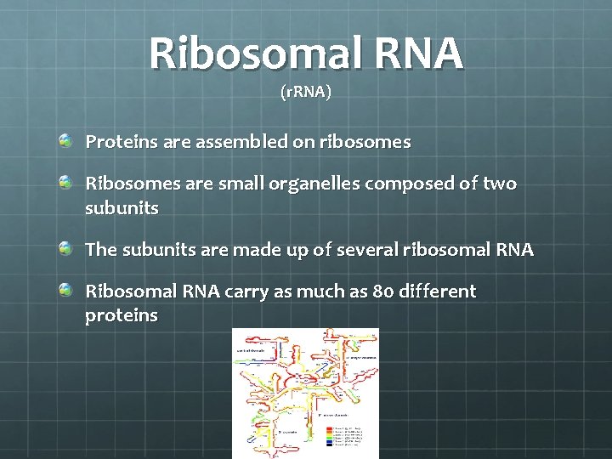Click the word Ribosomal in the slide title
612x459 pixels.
(247, 54)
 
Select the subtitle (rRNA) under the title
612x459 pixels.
(305, 92)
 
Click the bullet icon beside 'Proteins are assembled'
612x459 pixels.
(65, 139)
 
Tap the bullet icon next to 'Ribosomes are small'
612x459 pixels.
(65, 181)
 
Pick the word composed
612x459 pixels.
(408, 184)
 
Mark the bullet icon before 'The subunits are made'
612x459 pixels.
(65, 247)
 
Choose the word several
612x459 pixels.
(367, 250)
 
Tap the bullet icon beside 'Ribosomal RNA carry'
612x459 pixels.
(65, 290)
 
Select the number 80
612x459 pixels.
(382, 292)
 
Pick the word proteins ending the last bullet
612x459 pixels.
(122, 316)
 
